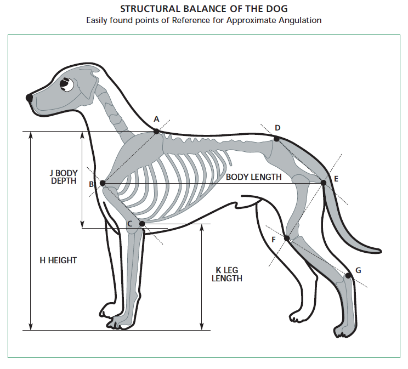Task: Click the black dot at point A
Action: (156, 131)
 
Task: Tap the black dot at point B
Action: (103, 184)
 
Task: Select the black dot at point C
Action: (142, 224)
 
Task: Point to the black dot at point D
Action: (276, 139)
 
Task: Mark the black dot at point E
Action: (324, 183)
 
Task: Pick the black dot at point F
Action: (286, 238)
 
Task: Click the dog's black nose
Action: (29, 97)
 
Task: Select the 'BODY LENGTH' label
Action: (254, 177)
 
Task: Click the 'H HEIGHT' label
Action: (58, 260)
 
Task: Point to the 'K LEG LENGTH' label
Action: (227, 274)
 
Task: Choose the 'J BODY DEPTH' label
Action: (64, 177)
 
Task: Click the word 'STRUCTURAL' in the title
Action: (149, 9)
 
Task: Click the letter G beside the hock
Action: (358, 270)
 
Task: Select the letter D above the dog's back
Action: (277, 128)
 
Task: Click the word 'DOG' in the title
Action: (276, 9)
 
